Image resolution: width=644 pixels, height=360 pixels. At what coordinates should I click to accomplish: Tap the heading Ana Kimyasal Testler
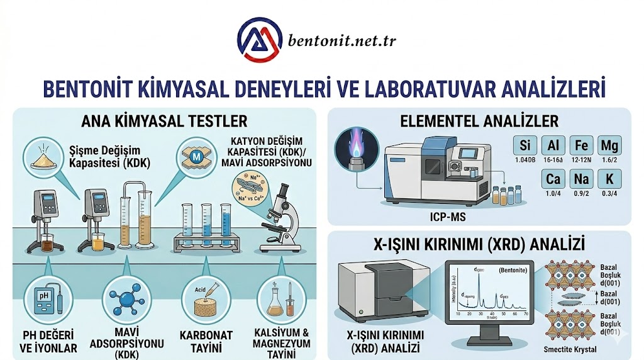pos(164,120)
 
